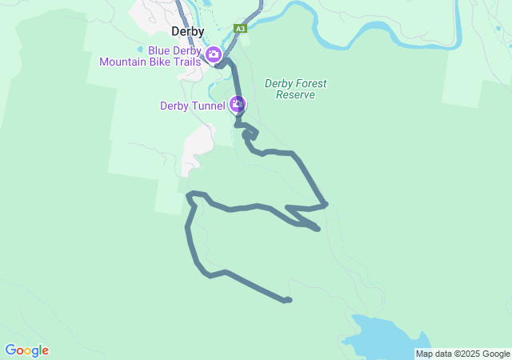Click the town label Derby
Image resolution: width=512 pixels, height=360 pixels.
[189, 32]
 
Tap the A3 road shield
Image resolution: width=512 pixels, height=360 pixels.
[240, 29]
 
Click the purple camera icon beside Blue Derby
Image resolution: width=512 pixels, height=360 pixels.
[214, 54]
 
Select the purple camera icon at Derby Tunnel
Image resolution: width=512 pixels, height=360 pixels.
[238, 104]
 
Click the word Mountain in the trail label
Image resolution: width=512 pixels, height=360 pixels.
[127, 62]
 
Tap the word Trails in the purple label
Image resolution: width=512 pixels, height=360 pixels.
[186, 62]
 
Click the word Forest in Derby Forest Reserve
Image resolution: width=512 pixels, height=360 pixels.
[313, 83]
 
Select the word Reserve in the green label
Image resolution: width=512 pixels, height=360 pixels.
[295, 94]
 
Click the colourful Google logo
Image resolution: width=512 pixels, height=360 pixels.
[26, 350]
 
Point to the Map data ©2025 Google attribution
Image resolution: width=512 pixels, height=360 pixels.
[462, 354]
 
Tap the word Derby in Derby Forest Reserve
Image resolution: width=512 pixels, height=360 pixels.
[279, 83]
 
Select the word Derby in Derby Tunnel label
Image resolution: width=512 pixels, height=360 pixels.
[175, 105]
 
